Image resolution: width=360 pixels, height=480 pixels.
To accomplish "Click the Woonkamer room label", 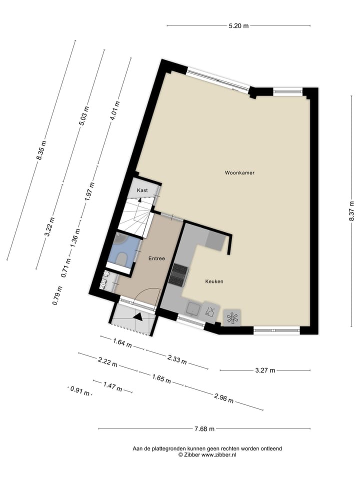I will (239, 173).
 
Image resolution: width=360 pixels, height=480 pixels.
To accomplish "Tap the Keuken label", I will (214, 281).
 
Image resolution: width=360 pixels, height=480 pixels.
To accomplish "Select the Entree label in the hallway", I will (156, 258).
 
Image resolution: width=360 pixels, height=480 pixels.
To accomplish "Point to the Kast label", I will (142, 190).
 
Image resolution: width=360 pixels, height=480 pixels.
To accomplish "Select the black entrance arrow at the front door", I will (137, 315).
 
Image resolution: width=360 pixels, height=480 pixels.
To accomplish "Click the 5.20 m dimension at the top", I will (238, 26).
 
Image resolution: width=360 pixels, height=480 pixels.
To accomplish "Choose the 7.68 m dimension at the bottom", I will (204, 428).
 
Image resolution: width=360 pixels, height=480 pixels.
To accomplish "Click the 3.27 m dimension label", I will (265, 370).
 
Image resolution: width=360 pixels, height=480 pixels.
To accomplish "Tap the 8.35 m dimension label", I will (41, 150).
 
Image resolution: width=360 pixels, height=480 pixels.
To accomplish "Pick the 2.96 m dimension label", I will (223, 398).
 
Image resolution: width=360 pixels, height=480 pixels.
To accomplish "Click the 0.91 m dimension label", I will (80, 391).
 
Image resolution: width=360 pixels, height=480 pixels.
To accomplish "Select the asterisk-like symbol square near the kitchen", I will (231, 317).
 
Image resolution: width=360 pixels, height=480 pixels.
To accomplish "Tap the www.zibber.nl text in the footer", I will (219, 455).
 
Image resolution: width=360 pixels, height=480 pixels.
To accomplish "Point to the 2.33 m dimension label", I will (176, 358).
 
